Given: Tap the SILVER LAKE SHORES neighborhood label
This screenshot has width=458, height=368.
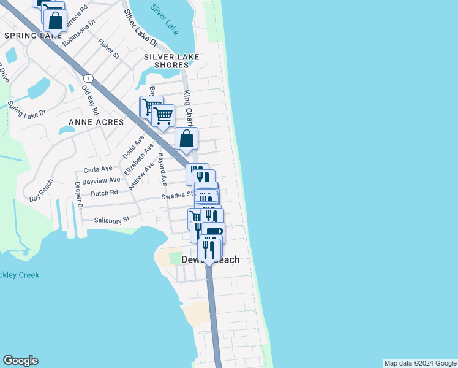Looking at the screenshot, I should click(166, 61).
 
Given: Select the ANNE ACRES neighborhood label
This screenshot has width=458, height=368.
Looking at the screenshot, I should click(96, 122).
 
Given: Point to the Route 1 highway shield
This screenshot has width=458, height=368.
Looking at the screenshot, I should click(89, 78).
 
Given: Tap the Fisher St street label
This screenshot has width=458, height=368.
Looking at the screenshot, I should click(108, 50).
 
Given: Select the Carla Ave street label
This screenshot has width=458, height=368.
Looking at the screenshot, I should click(98, 169).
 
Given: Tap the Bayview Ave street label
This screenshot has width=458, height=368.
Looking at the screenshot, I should click(101, 180).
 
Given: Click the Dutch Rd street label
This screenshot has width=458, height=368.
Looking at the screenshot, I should click(103, 193).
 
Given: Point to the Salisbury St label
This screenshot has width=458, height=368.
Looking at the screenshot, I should click(112, 219).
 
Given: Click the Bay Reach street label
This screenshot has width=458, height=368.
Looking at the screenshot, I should click(42, 190).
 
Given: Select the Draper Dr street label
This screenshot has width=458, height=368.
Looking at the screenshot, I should click(78, 196).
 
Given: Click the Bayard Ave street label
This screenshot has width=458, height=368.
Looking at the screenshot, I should click(163, 169).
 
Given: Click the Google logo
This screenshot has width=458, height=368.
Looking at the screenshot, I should click(20, 361).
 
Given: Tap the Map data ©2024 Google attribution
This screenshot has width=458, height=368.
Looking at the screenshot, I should click(420, 363).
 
